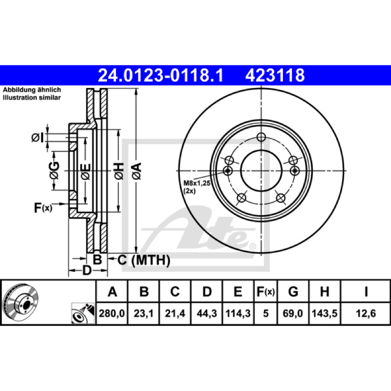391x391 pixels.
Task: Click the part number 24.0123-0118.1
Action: pos(161,75)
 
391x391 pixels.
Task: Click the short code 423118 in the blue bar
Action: pos(275,75)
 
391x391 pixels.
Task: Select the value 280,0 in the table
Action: pos(112,313)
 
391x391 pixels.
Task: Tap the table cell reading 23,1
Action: pos(144,313)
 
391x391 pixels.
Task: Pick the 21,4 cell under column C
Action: pos(175,313)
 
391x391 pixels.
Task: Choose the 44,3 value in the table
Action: pos(207,313)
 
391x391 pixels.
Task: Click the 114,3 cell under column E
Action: pos(238,313)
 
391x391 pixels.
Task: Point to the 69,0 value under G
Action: pos(293,313)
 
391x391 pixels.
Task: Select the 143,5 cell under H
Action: pos(325,313)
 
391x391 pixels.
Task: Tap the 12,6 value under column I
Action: pos(366,313)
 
